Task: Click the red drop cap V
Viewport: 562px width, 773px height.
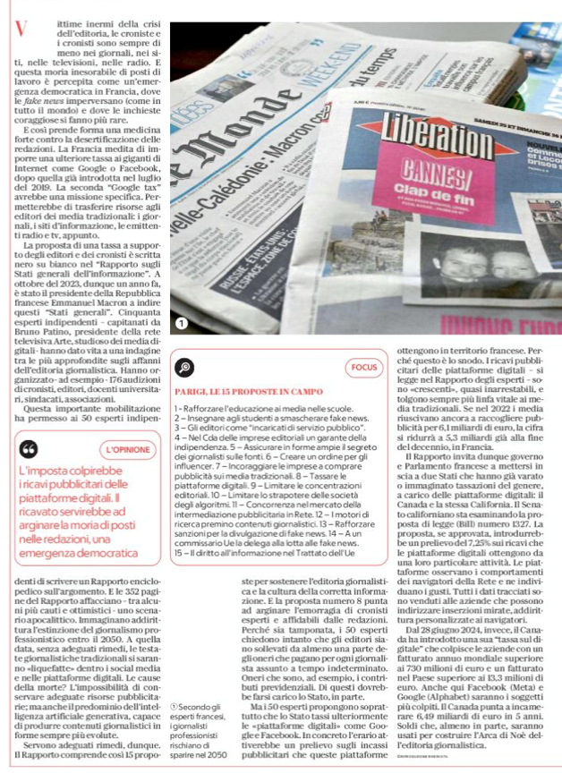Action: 20,30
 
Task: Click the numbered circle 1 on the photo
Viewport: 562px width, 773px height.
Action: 182,323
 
